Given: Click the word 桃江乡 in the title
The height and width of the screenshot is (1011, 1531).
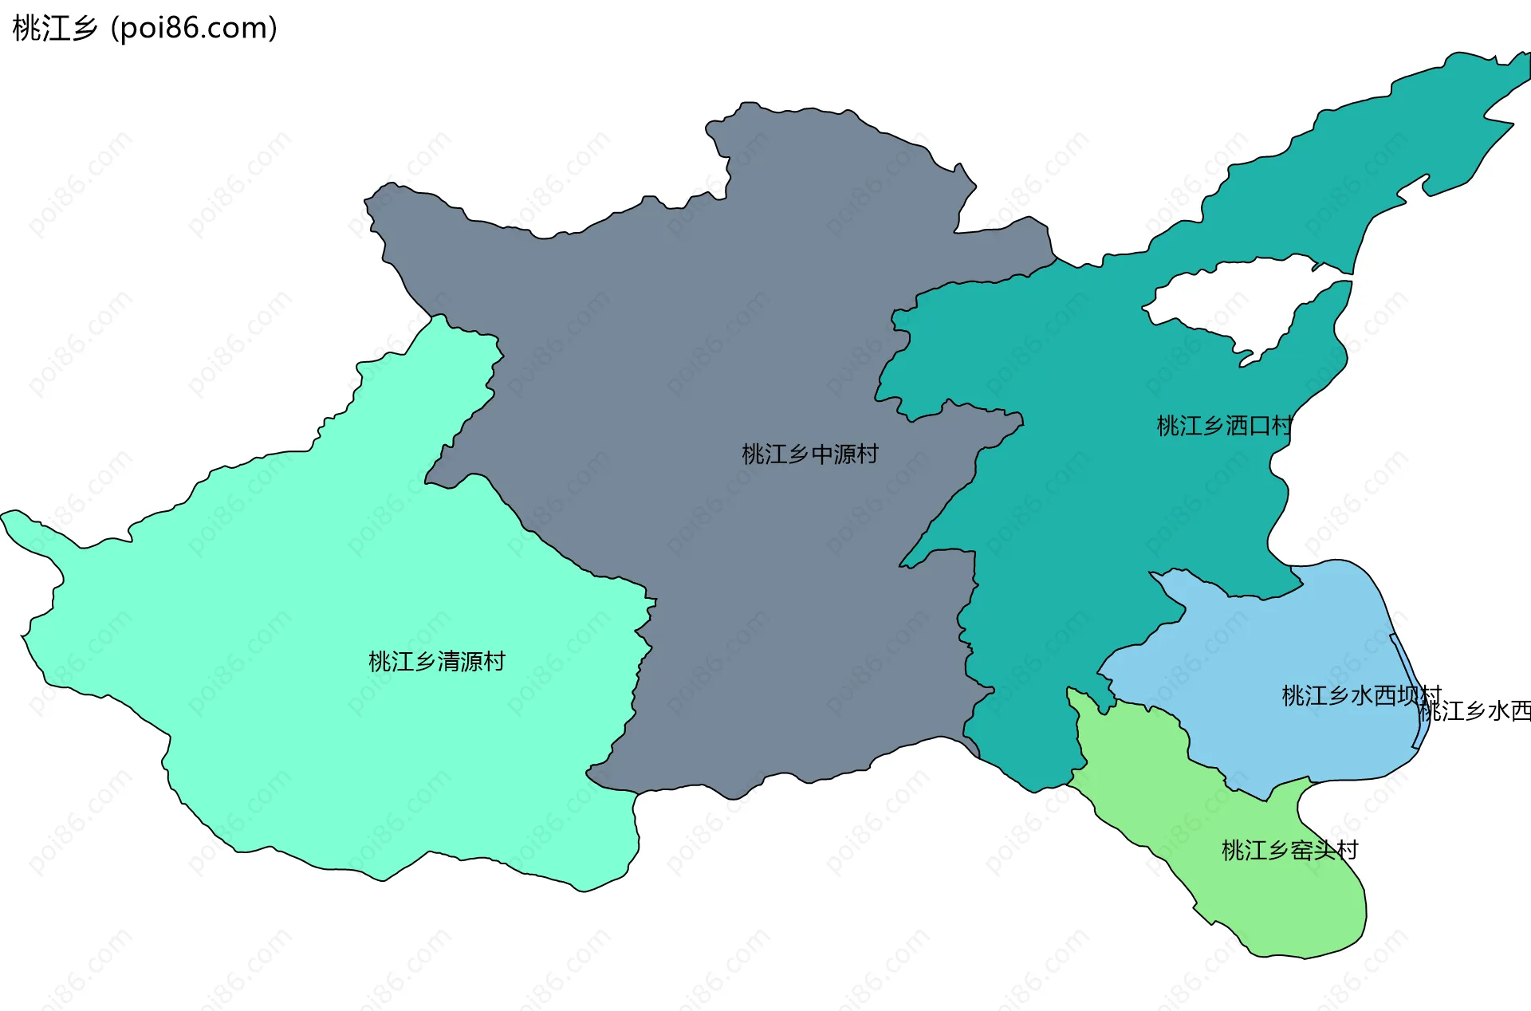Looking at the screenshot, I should (54, 29).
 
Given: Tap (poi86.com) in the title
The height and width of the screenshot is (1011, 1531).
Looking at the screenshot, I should (194, 29).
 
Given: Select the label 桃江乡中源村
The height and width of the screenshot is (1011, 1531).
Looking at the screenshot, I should (809, 454).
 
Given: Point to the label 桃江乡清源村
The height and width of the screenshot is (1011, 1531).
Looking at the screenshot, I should (436, 662).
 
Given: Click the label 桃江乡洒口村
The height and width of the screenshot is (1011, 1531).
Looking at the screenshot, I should (1224, 426).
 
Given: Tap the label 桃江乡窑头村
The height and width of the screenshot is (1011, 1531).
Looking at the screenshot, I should (1289, 850).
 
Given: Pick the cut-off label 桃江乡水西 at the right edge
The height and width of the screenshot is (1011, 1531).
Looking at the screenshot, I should (1476, 711).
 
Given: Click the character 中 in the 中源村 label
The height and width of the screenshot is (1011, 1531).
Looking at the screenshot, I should (821, 454).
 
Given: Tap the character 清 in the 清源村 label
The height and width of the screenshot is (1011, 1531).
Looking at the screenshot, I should (448, 662).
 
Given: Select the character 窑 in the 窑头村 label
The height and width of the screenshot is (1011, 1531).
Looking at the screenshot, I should (1301, 850).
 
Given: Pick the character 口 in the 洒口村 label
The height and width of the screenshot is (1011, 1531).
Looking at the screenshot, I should (1259, 426).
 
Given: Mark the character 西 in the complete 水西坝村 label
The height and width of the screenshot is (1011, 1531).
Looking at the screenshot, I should (1384, 695).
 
